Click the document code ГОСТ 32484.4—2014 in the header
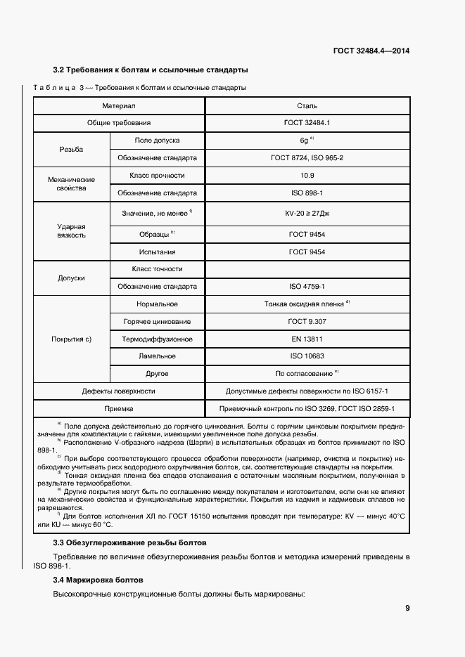coord(371,50)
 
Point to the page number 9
coord(407,609)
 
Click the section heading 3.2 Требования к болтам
coord(150,70)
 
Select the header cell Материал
coord(118,106)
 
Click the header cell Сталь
coord(307,106)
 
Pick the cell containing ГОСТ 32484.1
coord(307,123)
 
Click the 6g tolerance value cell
coord(307,141)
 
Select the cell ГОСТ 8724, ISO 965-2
coord(307,158)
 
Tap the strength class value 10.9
coord(307,175)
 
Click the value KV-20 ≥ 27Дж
coord(307,212)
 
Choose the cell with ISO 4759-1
coord(307,287)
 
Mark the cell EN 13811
coord(307,339)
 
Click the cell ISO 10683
coord(307,356)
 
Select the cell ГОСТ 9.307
coord(307,321)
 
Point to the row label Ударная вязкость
coord(71,231)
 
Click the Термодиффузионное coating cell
coord(157,339)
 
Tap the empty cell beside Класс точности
coord(307,269)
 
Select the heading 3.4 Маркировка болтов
coord(98,580)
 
